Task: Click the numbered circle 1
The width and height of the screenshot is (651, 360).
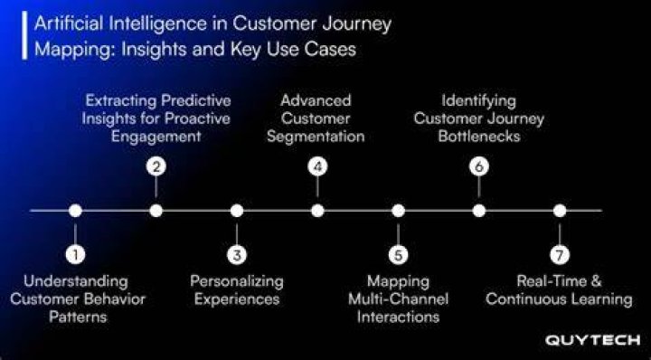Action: pyautogui.click(x=75, y=254)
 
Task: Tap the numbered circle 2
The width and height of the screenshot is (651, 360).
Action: pyautogui.click(x=156, y=166)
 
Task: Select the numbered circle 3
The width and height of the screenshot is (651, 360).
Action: pyautogui.click(x=237, y=254)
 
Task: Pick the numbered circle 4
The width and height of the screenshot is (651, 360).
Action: pyautogui.click(x=317, y=166)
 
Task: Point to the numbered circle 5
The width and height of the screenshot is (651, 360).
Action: pyautogui.click(x=398, y=254)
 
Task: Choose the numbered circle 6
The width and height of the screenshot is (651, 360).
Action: pyautogui.click(x=479, y=166)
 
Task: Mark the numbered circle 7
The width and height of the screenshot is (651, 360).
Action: pyautogui.click(x=560, y=254)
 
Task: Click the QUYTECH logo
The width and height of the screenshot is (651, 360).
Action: pyautogui.click(x=592, y=340)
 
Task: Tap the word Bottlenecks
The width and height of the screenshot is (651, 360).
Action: pyautogui.click(x=479, y=137)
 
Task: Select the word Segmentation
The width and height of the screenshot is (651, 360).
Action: pyautogui.click(x=316, y=137)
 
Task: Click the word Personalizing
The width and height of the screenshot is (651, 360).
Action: pyautogui.click(x=237, y=281)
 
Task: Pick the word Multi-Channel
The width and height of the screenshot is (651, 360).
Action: pyautogui.click(x=398, y=299)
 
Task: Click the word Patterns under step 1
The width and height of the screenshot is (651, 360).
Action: pyautogui.click(x=78, y=317)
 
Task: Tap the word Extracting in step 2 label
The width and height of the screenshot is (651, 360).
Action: pyautogui.click(x=121, y=100)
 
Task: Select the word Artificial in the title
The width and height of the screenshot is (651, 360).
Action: pyautogui.click(x=69, y=24)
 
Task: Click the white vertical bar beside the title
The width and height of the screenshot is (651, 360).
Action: pyautogui.click(x=25, y=35)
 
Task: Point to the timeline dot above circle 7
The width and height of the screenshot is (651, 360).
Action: pyautogui.click(x=560, y=211)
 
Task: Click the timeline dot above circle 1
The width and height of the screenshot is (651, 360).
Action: pyautogui.click(x=75, y=211)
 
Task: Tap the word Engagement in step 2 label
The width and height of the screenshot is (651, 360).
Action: pyautogui.click(x=156, y=137)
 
